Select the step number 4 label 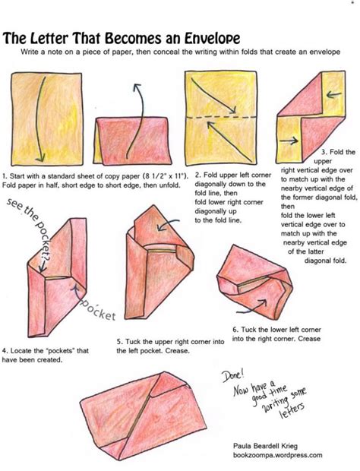point(5,351)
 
